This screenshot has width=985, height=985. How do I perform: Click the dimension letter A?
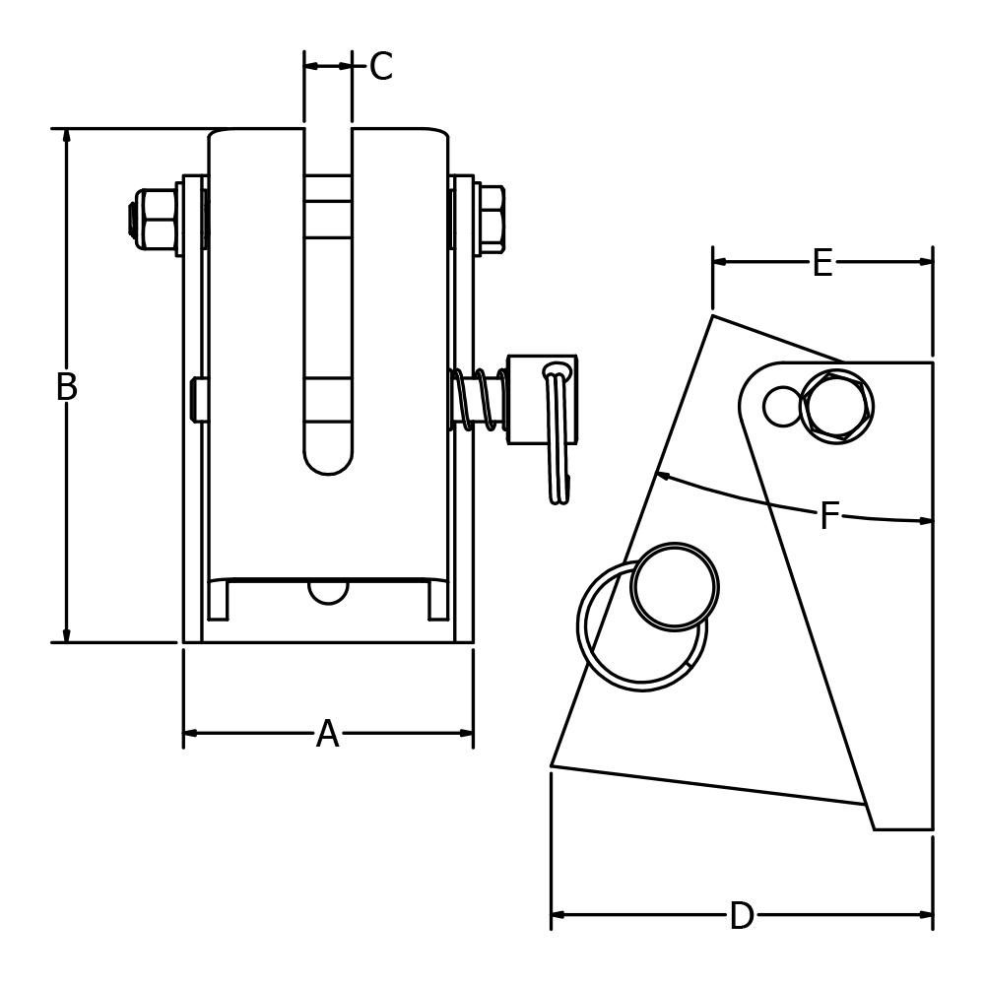click(327, 735)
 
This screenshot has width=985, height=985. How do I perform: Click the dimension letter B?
click(66, 388)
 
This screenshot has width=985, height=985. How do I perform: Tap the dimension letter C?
click(380, 68)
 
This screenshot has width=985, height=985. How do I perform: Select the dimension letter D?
click(741, 917)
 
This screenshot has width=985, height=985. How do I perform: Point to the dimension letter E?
click(821, 264)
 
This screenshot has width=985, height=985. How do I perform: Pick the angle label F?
click(829, 517)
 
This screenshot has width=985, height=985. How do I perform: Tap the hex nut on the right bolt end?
click(491, 219)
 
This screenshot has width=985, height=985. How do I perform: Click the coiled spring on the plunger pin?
click(478, 399)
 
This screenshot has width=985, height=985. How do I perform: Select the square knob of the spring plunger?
click(542, 399)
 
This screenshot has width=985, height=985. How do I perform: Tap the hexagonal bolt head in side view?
click(836, 406)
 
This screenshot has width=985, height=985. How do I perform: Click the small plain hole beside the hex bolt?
click(783, 407)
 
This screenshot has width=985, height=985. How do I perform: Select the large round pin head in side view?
click(675, 587)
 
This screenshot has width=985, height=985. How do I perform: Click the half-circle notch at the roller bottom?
click(328, 592)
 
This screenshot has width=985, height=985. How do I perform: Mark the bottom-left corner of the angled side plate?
click(552, 765)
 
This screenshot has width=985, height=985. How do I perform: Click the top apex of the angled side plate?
click(713, 316)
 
